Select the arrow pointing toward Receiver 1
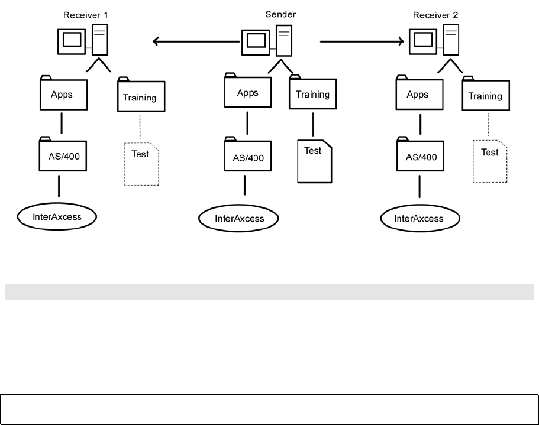[x=195, y=41]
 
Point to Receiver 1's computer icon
[x=85, y=40]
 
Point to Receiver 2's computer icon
[x=434, y=40]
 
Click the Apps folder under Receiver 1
[x=62, y=93]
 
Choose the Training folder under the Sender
[x=312, y=94]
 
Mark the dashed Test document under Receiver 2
[x=490, y=161]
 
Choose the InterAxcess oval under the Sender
[x=238, y=219]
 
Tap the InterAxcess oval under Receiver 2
[x=418, y=219]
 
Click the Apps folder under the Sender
[x=247, y=92]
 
